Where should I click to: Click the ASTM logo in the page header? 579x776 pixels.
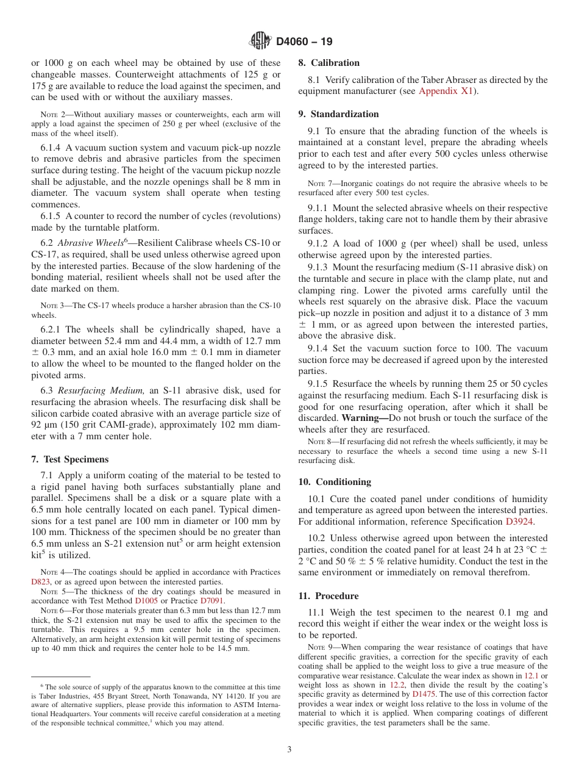click(x=260, y=41)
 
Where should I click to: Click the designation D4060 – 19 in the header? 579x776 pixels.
click(x=304, y=42)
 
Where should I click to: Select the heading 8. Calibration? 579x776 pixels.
click(x=329, y=63)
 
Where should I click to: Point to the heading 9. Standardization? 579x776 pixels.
click(x=338, y=114)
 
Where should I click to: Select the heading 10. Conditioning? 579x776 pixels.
click(x=335, y=482)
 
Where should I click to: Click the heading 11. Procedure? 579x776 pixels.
click(x=328, y=596)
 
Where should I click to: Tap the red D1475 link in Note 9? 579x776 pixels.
click(x=424, y=694)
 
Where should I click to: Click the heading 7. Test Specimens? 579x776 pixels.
click(x=70, y=459)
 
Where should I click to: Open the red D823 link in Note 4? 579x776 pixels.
click(x=41, y=582)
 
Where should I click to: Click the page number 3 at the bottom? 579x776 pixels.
click(x=289, y=750)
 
